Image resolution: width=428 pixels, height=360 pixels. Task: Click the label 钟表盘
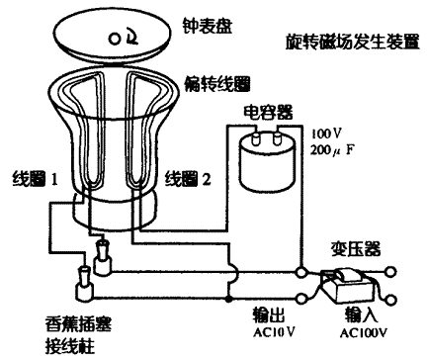[208, 26]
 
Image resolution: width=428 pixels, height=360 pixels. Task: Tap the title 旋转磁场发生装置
[352, 42]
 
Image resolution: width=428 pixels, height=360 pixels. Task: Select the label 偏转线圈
[217, 83]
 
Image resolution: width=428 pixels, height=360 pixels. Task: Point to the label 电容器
[268, 112]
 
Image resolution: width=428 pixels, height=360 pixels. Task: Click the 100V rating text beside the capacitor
[326, 134]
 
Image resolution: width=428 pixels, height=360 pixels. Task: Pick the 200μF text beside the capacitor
[332, 150]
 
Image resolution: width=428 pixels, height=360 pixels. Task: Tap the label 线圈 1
[36, 179]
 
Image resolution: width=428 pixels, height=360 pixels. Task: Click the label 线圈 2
[188, 179]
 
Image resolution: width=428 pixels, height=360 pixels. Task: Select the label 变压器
[356, 249]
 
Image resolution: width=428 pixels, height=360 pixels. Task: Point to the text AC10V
[274, 332]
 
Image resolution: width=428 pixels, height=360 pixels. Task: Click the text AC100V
[364, 332]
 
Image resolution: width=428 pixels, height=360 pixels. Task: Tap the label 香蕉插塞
[78, 323]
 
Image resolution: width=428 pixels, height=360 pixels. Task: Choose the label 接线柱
[70, 345]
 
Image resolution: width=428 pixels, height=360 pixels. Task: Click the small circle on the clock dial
[115, 40]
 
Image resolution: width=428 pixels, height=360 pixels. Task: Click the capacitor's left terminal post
[256, 138]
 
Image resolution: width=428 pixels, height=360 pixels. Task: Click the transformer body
[349, 286]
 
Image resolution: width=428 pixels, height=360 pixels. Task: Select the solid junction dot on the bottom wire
[228, 299]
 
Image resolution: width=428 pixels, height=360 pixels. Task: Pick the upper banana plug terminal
[103, 257]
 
